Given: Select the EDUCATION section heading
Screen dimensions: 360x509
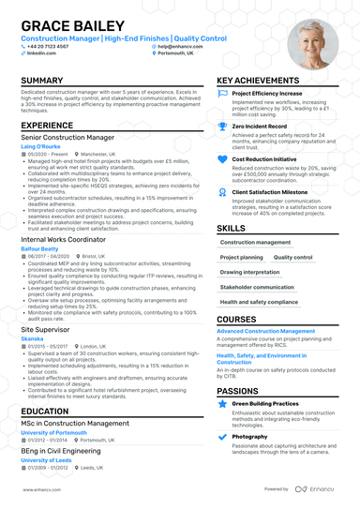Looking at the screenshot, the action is (x=45, y=411).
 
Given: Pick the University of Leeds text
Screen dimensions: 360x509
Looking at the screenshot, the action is (x=46, y=460).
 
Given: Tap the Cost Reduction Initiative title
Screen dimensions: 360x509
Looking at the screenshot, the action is (x=266, y=158).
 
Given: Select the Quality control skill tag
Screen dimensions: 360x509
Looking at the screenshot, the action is (x=292, y=256).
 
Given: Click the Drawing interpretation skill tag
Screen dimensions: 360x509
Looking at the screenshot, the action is (x=250, y=272).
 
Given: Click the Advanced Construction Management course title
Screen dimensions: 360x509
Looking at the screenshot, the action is (x=266, y=331).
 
